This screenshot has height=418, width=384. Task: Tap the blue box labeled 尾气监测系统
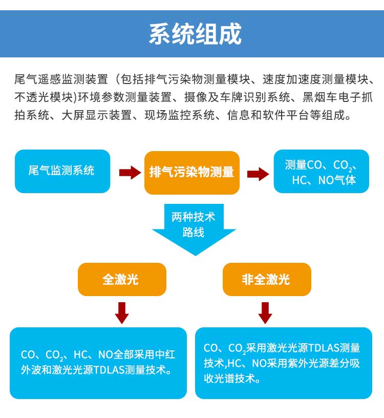tap(62, 171)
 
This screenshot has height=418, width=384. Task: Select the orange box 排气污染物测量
tap(191, 172)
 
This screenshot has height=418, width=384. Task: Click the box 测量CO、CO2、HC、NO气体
tap(321, 172)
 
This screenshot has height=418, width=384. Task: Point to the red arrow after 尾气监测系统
tap(129, 172)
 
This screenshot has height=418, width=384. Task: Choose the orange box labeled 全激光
tap(121, 279)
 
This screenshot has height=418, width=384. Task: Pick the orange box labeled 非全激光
tap(266, 279)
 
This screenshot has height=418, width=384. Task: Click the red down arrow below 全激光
tap(121, 312)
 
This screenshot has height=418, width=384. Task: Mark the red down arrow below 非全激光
tap(265, 312)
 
